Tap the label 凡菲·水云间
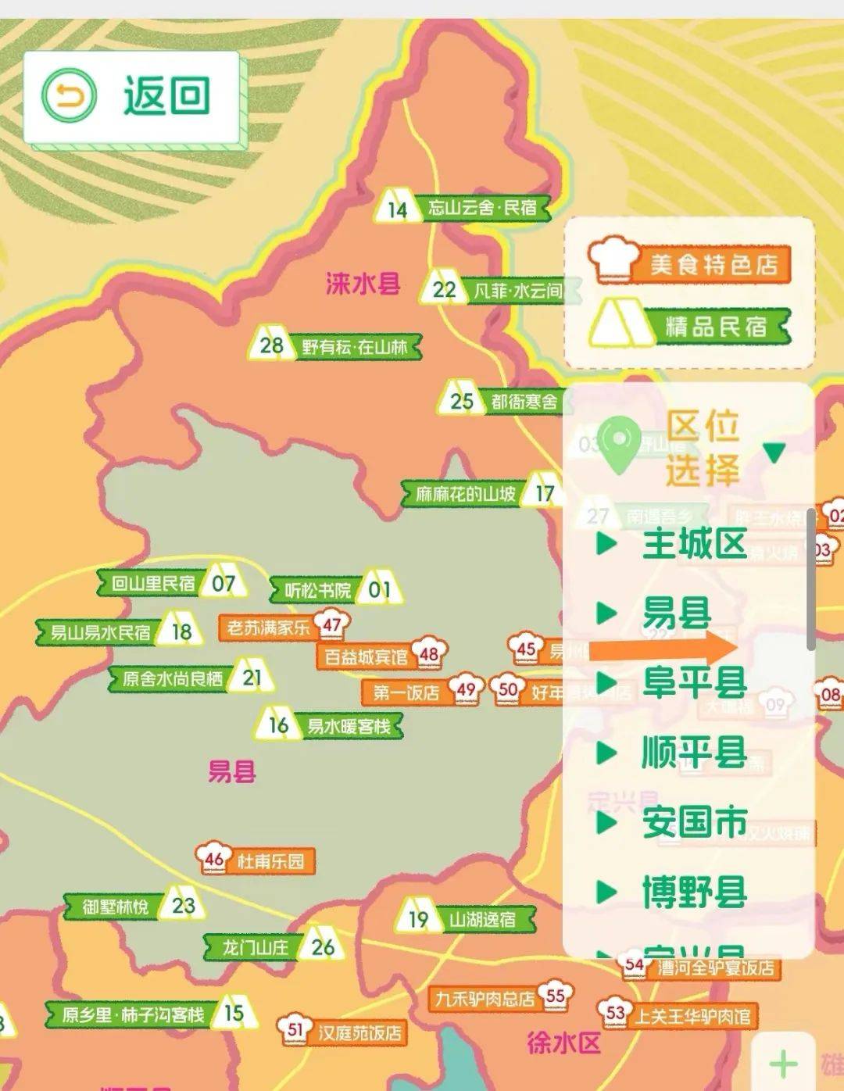pos(517,291)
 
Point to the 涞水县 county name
pos(363,283)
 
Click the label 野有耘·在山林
pos(356,346)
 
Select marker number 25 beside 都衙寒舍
pos(461,401)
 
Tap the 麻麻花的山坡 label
pos(465,494)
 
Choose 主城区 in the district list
pos(694,544)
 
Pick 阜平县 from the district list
pos(694,682)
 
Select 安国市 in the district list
pos(694,822)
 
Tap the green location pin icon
pos(620,444)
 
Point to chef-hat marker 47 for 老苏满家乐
pos(332,625)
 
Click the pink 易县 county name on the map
pos(232,772)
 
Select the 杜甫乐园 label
pos(270,861)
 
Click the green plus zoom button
pos(782,1063)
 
